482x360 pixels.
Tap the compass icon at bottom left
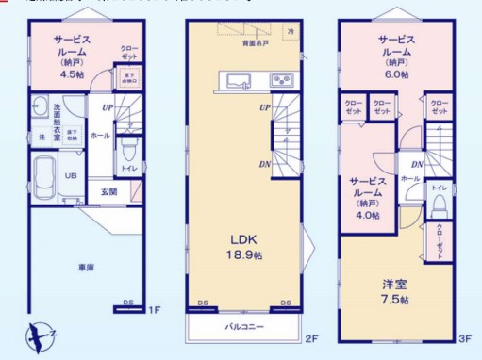click(39, 335)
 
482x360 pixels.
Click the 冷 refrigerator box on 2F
click(291, 33)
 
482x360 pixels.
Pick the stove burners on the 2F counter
click(282, 79)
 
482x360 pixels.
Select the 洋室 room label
click(393, 285)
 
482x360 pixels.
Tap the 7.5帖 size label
click(394, 300)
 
